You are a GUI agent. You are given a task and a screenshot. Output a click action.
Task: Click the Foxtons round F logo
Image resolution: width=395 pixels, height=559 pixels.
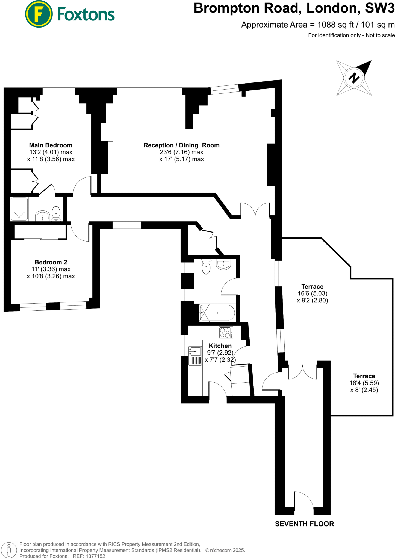[x=39, y=14]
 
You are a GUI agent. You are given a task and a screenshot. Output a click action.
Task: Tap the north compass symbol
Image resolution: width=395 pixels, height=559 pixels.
[x=354, y=78]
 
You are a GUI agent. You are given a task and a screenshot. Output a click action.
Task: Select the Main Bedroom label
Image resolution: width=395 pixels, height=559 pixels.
[x=51, y=145]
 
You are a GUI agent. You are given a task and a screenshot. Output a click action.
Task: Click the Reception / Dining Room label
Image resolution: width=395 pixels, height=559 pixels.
[x=181, y=145]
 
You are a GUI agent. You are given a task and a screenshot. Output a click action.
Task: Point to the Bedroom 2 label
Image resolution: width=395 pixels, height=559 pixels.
[x=51, y=262]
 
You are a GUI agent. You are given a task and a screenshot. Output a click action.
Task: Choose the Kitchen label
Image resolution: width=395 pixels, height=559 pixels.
[x=220, y=346]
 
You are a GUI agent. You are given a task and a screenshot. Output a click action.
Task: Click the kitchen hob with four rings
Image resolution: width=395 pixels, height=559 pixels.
[x=226, y=333]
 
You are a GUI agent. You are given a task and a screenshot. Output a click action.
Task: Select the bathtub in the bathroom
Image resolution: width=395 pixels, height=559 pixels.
[x=217, y=313]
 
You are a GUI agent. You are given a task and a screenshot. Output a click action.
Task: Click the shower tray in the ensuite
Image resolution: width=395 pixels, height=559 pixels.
[x=19, y=209]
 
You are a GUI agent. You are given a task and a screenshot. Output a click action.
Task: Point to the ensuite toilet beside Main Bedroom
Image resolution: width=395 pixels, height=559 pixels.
[x=56, y=213]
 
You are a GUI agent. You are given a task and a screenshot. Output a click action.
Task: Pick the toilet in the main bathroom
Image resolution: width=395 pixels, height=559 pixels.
[x=206, y=266]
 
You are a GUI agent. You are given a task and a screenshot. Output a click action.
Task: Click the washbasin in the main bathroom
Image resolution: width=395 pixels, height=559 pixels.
[x=223, y=264]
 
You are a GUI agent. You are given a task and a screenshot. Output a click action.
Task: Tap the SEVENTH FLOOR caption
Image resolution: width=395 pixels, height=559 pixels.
[x=304, y=524]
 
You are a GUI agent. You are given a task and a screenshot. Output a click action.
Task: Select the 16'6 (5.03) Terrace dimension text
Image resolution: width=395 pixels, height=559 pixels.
[x=313, y=293]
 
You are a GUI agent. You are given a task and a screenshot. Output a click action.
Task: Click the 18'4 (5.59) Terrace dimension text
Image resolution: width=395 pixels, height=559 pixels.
[x=364, y=383]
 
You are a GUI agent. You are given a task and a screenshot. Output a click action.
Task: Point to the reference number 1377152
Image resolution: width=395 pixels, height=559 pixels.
[x=95, y=556]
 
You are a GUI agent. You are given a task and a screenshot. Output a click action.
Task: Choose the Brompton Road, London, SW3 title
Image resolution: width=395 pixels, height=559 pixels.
[x=294, y=8]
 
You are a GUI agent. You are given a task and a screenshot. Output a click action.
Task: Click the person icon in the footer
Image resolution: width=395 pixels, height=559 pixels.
[x=9, y=550]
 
